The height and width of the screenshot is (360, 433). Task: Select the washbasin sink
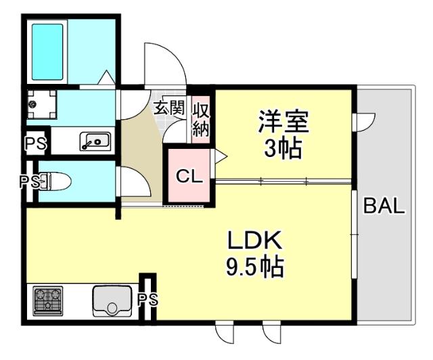(x=95, y=141)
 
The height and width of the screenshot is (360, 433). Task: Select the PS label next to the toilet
(x=29, y=181)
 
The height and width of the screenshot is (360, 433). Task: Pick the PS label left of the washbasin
(x=35, y=143)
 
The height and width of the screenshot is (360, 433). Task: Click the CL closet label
(x=189, y=177)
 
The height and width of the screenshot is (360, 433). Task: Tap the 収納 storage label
(x=201, y=120)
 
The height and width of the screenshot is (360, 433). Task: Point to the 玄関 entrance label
(x=168, y=108)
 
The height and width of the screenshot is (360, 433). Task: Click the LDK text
(x=254, y=240)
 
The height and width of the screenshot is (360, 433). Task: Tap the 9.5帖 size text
(x=254, y=266)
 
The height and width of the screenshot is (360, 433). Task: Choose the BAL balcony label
(x=384, y=206)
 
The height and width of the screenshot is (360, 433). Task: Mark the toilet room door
(x=132, y=181)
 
